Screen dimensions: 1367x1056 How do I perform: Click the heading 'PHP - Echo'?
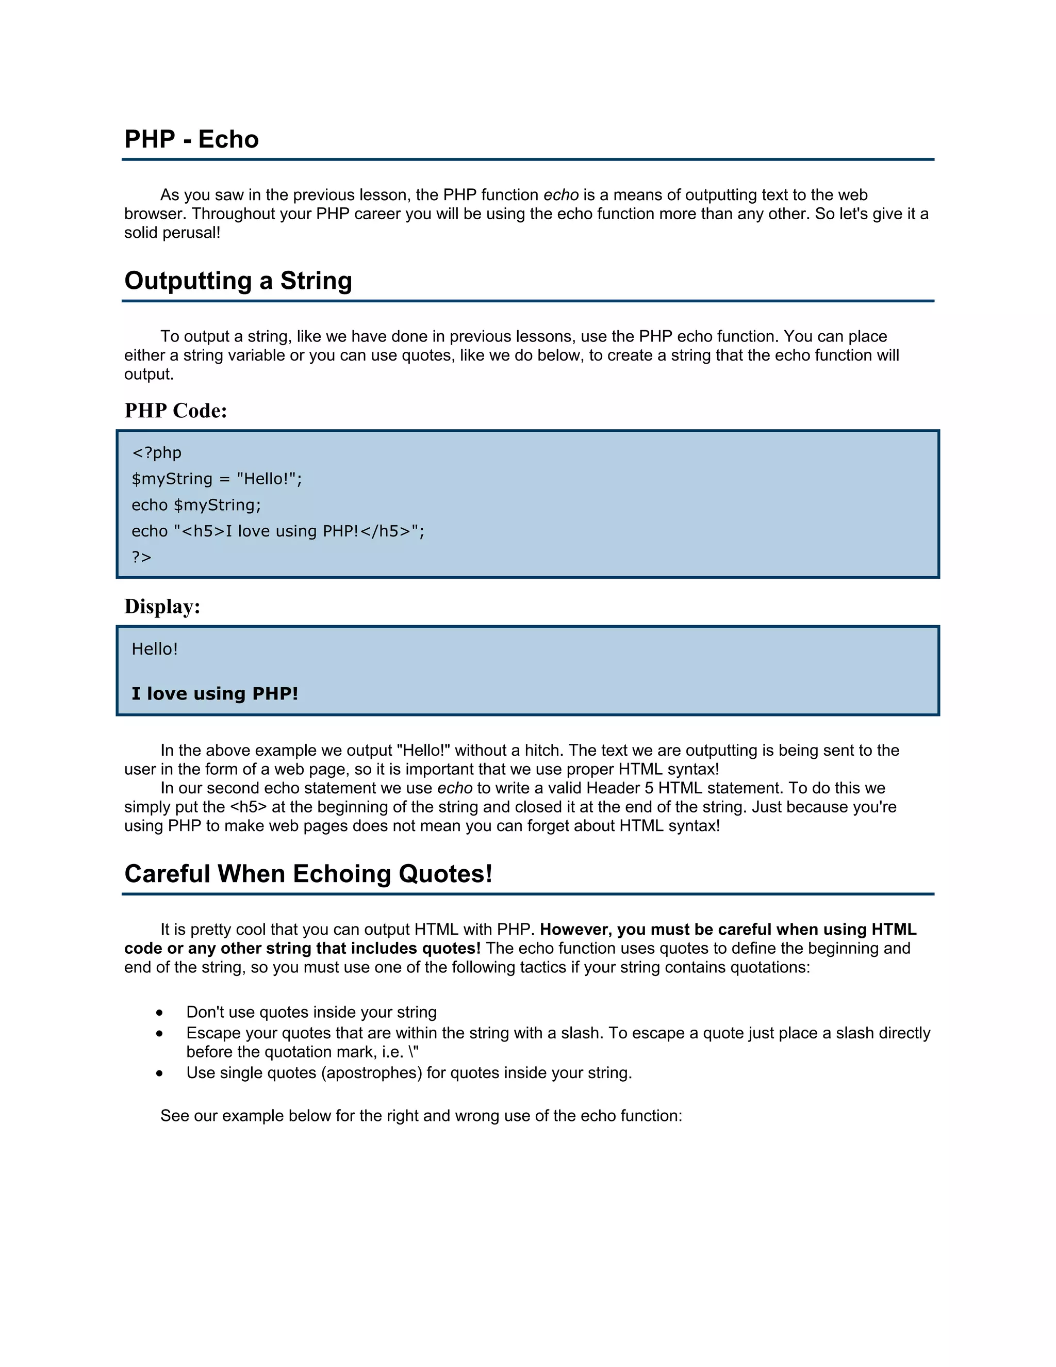pyautogui.click(x=191, y=139)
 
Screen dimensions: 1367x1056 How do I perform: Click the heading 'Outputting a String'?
pyautogui.click(x=238, y=281)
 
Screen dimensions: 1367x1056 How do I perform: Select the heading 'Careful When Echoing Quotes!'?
pyautogui.click(x=308, y=874)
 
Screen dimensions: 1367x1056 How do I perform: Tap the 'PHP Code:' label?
pyautogui.click(x=176, y=411)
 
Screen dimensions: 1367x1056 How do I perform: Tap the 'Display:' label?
pyautogui.click(x=162, y=607)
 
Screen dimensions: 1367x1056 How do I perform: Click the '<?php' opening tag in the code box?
pyautogui.click(x=156, y=452)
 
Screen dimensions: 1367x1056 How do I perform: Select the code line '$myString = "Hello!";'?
pyautogui.click(x=217, y=479)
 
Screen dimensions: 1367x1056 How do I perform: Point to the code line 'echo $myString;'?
pyautogui.click(x=196, y=505)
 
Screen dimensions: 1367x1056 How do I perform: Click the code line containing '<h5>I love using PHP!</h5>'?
pyautogui.click(x=278, y=531)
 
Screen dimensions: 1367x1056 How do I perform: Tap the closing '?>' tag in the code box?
pyautogui.click(x=141, y=557)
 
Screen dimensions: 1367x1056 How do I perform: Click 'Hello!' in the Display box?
pyautogui.click(x=155, y=649)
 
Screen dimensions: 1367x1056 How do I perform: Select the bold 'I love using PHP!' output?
pyautogui.click(x=214, y=693)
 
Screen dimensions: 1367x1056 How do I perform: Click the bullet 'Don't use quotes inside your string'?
pyautogui.click(x=311, y=1012)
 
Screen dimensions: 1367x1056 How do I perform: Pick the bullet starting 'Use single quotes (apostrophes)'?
pyautogui.click(x=408, y=1073)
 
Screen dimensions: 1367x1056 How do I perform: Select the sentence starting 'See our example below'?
pyautogui.click(x=420, y=1116)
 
